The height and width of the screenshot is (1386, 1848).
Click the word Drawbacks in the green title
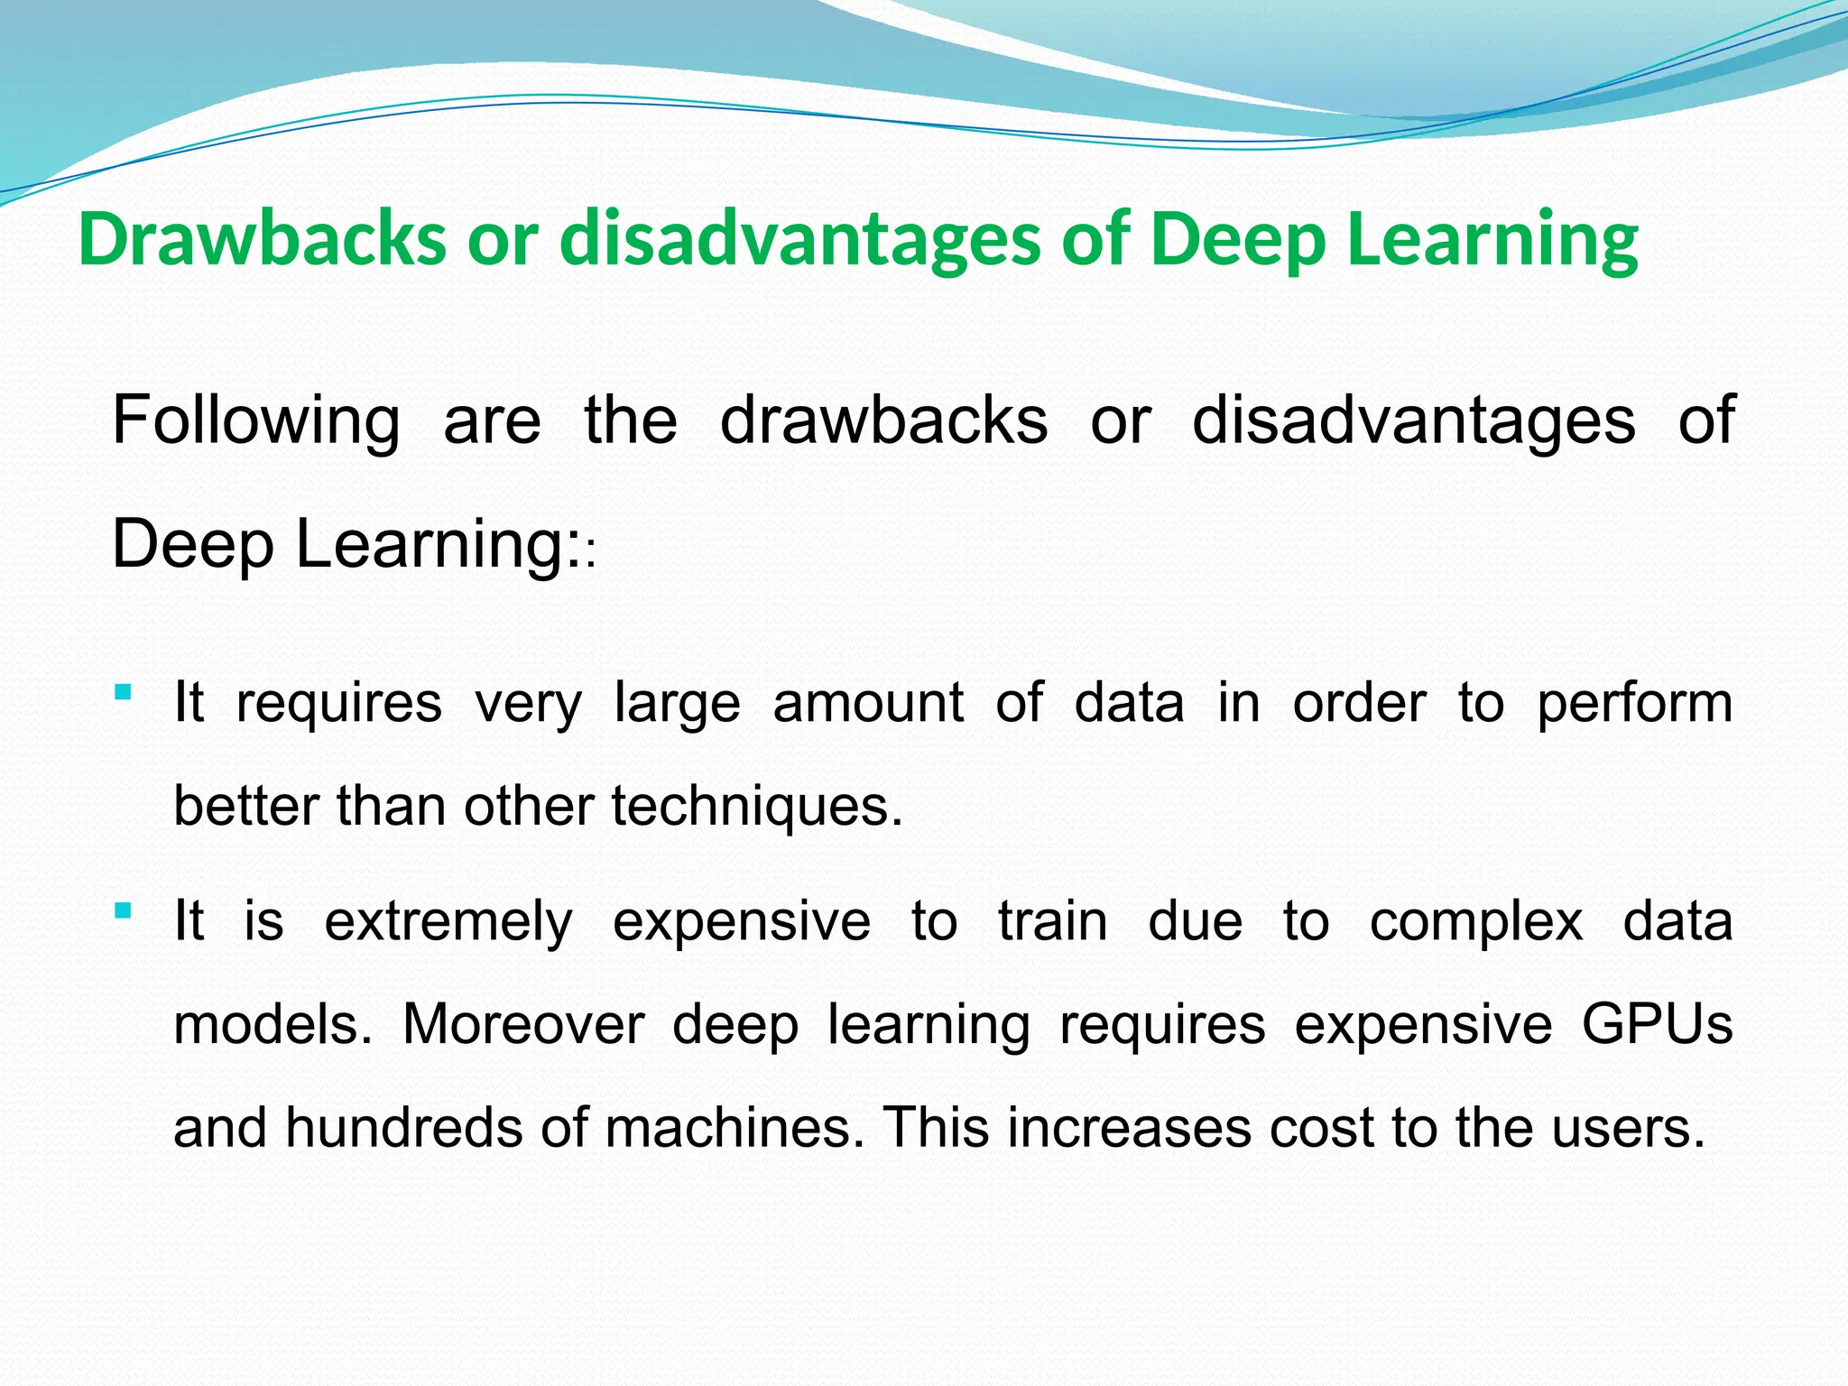coord(262,239)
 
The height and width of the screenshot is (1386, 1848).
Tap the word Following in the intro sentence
coord(255,420)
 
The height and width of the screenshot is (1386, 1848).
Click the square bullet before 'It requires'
coord(124,693)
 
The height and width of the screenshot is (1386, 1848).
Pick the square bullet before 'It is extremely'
coord(124,910)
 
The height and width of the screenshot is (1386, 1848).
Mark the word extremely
coord(448,921)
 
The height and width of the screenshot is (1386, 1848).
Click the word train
coord(1052,921)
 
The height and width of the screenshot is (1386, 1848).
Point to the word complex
coord(1476,921)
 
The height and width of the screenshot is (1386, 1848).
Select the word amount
coord(868,703)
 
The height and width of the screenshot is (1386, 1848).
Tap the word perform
coord(1634,703)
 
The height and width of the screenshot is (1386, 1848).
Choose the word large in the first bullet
coord(677,703)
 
